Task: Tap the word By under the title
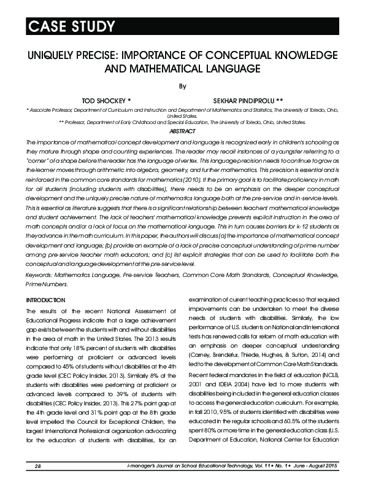point(182,87)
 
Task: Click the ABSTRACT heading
point(182,132)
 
